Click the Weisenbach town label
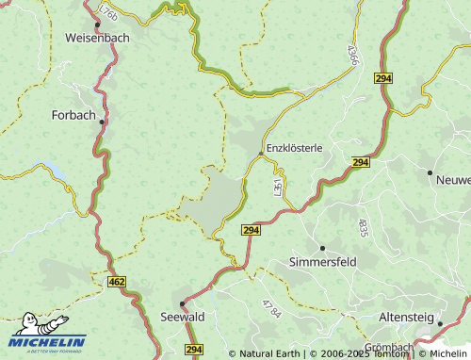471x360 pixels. click(x=99, y=38)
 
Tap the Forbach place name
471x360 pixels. click(x=73, y=115)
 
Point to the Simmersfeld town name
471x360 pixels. click(x=323, y=261)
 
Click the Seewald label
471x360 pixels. click(x=182, y=317)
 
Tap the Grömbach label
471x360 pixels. click(x=388, y=348)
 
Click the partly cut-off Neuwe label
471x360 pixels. click(x=452, y=180)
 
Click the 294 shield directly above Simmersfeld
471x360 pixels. click(x=250, y=230)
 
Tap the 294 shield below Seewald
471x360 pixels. click(x=194, y=350)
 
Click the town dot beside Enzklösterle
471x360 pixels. click(x=261, y=154)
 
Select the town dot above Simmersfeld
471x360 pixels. click(x=322, y=248)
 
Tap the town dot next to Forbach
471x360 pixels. click(x=102, y=122)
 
